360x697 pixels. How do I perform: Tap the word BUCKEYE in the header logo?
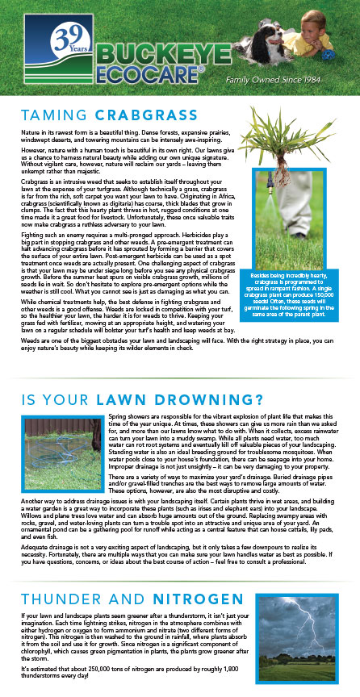[165, 55]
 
